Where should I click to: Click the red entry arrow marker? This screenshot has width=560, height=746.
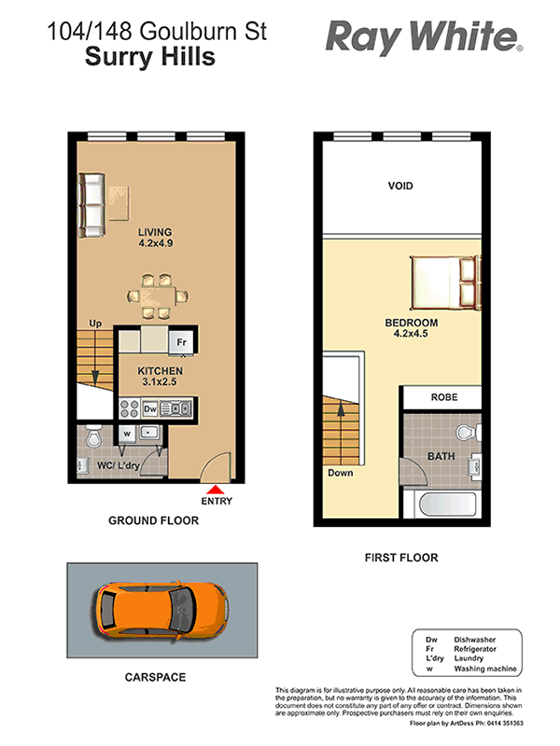click(217, 490)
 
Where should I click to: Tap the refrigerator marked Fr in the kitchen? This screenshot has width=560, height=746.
click(181, 342)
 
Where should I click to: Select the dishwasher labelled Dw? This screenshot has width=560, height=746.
click(150, 408)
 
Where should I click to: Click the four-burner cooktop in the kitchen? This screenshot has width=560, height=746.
click(129, 408)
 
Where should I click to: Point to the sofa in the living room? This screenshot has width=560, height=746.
click(91, 205)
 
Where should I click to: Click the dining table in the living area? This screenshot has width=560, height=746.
click(157, 296)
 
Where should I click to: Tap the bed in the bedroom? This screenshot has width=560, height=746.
click(446, 283)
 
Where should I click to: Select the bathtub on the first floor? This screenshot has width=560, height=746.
click(447, 504)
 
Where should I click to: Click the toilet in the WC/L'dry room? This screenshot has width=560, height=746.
click(93, 436)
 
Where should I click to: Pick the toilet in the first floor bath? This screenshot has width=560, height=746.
click(469, 433)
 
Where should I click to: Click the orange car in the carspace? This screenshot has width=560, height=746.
click(161, 611)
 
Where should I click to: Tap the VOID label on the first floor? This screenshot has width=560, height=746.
click(400, 186)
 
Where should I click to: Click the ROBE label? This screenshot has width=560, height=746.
click(444, 397)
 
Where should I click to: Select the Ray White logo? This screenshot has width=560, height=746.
click(424, 37)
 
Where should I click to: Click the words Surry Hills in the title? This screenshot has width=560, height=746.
click(150, 57)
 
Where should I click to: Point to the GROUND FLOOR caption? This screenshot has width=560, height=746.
click(153, 520)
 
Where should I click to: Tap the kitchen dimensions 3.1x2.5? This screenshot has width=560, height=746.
click(160, 381)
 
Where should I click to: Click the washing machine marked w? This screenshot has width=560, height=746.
click(127, 434)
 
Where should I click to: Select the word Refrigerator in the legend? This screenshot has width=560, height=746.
click(475, 649)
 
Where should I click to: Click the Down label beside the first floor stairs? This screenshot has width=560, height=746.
click(341, 473)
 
